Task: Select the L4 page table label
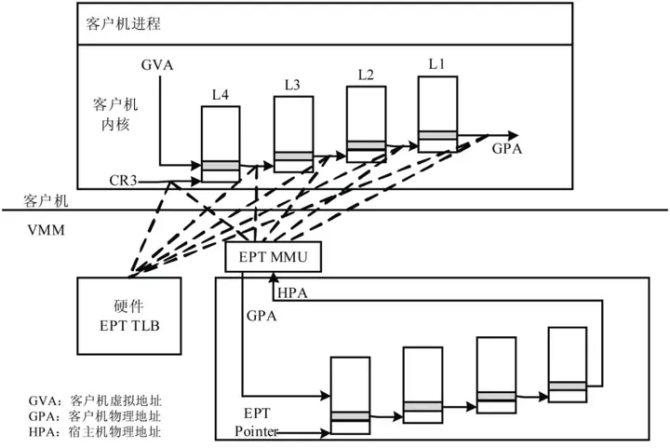221,95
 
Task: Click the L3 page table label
291,85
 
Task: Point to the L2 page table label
366,75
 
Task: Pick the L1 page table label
436,64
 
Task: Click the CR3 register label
122,179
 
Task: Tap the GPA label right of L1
507,149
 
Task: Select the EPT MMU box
273,256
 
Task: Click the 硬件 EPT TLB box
122,317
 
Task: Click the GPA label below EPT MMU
261,316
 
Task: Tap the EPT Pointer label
256,424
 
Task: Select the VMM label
47,227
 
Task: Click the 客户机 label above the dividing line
46,200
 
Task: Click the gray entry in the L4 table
221,165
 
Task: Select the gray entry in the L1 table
436,136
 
